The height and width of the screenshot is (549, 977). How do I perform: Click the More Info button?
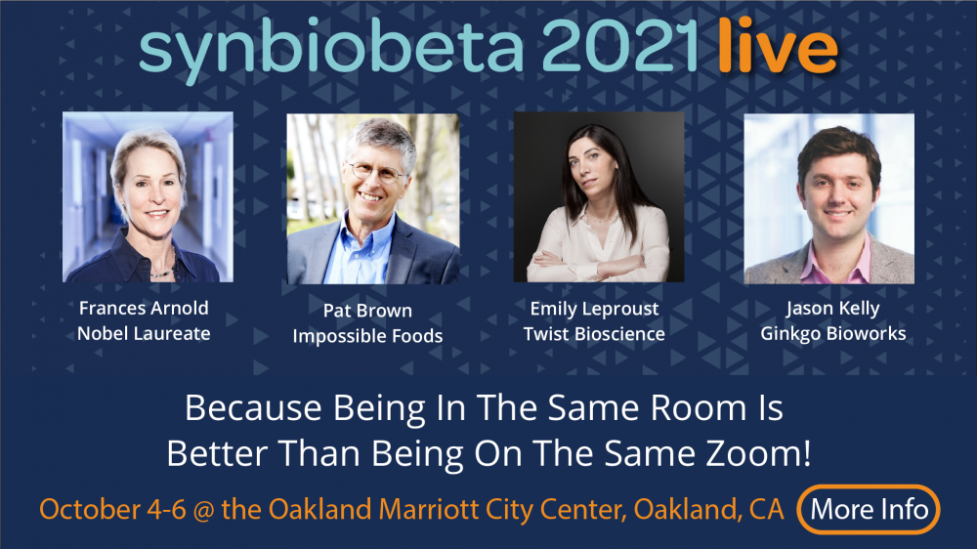(869, 510)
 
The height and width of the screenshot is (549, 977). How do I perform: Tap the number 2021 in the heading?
(620, 46)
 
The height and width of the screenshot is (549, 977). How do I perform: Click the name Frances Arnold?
(144, 308)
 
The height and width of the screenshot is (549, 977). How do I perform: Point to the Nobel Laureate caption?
(144, 333)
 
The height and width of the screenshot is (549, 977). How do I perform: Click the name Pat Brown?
(367, 311)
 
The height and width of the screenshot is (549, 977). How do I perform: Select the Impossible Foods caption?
(367, 336)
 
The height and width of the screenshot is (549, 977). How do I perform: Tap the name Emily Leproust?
(594, 309)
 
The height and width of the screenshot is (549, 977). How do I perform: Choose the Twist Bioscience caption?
(594, 334)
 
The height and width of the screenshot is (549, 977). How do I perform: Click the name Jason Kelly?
(833, 309)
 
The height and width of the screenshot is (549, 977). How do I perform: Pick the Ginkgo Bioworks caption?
(833, 334)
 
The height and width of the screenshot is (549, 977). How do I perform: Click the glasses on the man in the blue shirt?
(376, 172)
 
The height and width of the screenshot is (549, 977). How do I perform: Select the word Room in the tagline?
(699, 408)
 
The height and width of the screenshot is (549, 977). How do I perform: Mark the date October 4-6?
(112, 510)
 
